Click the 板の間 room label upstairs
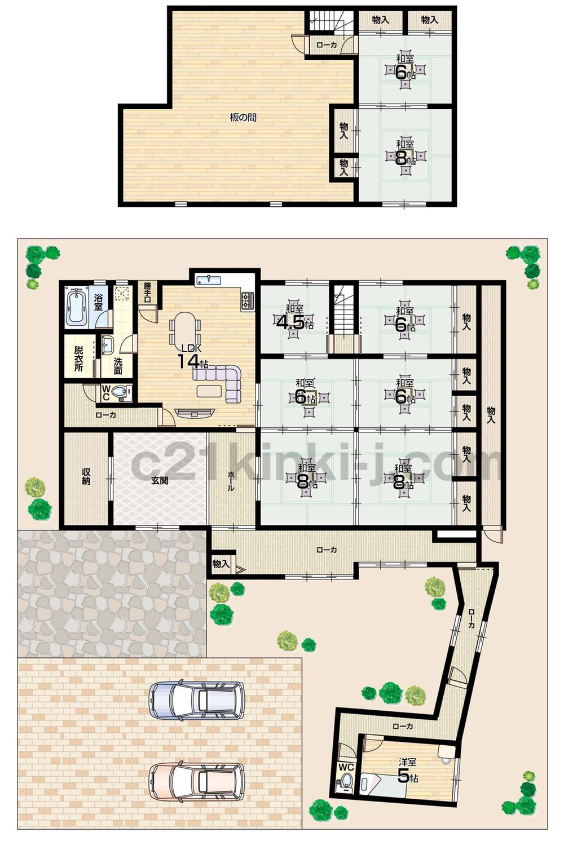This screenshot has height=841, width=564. click(x=243, y=118)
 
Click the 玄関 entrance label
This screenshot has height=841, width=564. click(x=160, y=481)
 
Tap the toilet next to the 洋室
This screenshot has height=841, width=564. click(x=347, y=781)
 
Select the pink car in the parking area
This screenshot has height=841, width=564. click(x=196, y=781)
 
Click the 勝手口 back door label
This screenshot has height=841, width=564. click(x=147, y=291)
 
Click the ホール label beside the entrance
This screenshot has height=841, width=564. click(x=231, y=481)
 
